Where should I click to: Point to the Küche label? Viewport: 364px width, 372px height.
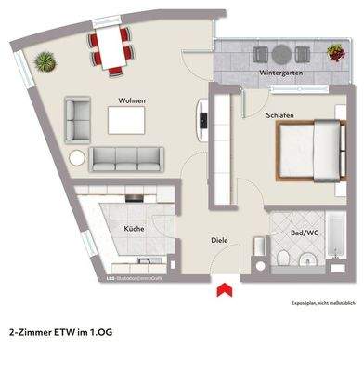(135, 227)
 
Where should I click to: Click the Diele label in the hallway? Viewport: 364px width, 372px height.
(220, 241)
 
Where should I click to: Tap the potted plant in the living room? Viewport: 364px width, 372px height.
(44, 63)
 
